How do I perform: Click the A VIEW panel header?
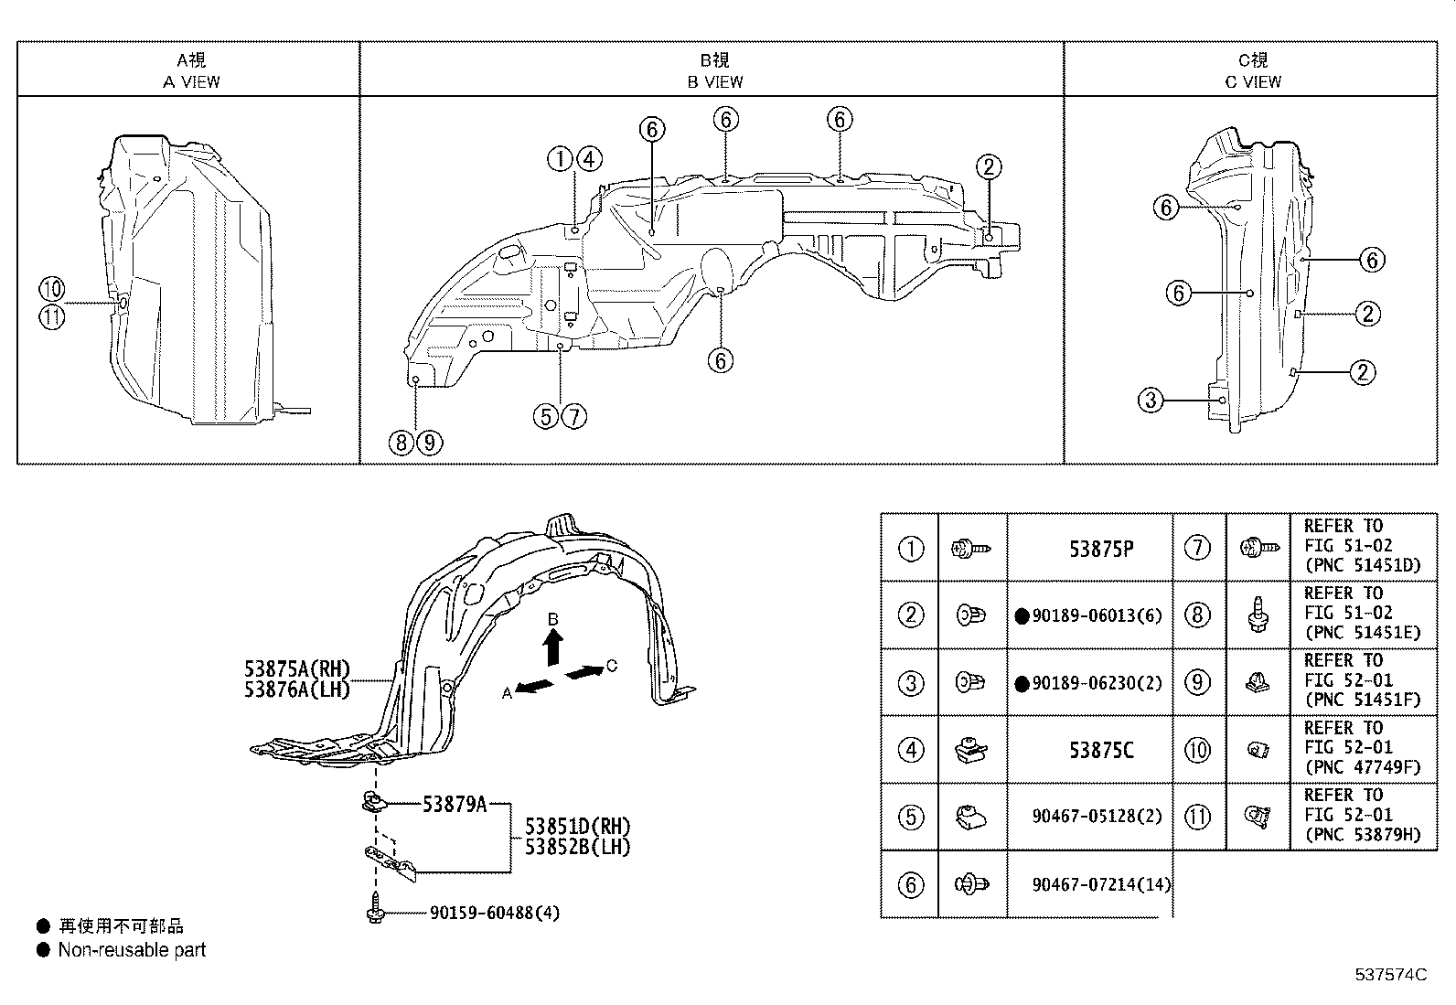191,70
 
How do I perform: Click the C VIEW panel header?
1253,70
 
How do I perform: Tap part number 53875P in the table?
1100,549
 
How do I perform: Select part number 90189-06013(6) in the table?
1096,615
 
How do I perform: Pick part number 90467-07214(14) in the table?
1100,884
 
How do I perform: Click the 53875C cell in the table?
1100,751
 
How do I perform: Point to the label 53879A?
455,805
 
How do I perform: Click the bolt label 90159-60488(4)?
494,913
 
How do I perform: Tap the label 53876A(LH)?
297,690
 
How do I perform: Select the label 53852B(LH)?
577,847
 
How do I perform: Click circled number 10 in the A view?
52,291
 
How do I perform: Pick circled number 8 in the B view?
401,444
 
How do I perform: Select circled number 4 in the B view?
588,159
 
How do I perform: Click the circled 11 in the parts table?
1197,817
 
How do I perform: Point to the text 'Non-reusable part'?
132,950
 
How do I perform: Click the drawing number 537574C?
1390,975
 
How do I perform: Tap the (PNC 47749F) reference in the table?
1362,767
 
